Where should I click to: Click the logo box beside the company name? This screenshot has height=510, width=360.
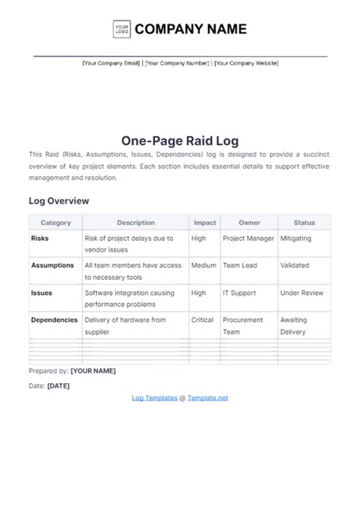(x=122, y=30)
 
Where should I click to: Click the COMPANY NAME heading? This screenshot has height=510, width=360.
(x=191, y=30)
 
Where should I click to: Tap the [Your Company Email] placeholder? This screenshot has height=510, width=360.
(x=112, y=63)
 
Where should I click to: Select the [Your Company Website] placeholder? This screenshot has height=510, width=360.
(x=246, y=63)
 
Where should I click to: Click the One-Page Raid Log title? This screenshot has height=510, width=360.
(x=179, y=140)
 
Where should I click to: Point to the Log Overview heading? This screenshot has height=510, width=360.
(x=59, y=201)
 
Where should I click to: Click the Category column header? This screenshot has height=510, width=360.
(x=55, y=223)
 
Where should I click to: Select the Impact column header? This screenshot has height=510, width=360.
(x=204, y=223)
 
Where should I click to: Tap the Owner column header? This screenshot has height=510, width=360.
(x=249, y=223)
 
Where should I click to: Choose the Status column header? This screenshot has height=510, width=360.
(x=304, y=223)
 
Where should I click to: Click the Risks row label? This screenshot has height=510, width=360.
(x=40, y=238)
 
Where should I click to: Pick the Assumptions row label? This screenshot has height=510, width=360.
(x=52, y=265)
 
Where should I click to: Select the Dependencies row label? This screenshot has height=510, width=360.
(x=55, y=320)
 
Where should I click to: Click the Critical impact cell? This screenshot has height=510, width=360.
(x=203, y=320)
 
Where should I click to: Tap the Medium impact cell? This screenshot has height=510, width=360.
(x=204, y=265)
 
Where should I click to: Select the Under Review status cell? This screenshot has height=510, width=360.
(x=302, y=293)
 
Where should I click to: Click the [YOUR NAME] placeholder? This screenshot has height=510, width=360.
(x=93, y=371)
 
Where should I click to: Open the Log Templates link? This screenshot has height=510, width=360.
(x=154, y=398)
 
